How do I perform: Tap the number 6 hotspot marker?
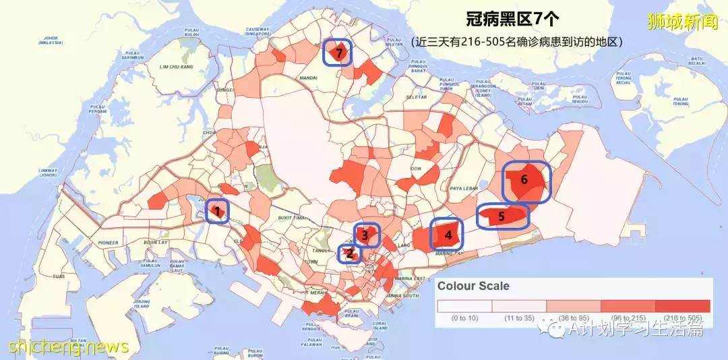(526, 180)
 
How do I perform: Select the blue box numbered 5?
(502, 216)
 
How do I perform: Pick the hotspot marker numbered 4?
(448, 235)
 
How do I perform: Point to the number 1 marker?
(217, 212)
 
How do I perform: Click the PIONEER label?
(107, 243)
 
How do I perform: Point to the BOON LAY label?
(156, 243)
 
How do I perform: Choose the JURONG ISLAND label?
(141, 305)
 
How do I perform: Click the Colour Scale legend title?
(473, 286)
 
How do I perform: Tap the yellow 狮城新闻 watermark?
(690, 22)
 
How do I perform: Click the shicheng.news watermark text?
(68, 347)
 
